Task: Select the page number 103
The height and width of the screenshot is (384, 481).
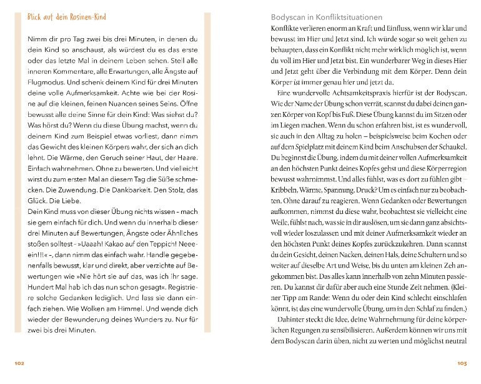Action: (462, 363)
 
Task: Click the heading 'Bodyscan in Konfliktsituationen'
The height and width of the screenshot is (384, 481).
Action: (325, 18)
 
